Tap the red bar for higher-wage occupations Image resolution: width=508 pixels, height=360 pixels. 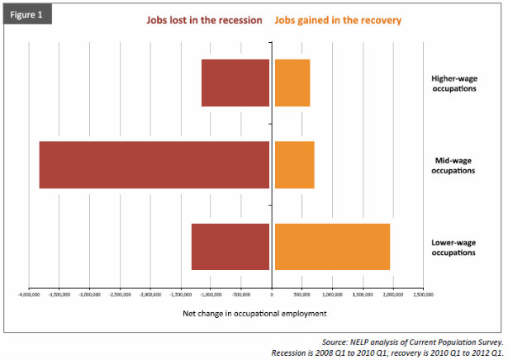coord(235,83)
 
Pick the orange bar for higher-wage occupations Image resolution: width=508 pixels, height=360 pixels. coord(292,83)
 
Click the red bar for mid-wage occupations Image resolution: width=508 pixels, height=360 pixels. coord(154,164)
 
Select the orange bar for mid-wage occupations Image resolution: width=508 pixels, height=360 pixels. coord(294,164)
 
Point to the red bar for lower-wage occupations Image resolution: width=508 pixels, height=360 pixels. coord(230,246)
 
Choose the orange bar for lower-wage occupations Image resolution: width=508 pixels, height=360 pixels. coord(331,246)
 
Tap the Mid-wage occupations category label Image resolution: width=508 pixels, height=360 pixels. coord(453,165)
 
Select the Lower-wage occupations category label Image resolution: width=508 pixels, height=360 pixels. coord(453,247)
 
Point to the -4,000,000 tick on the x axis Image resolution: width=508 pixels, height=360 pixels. coord(29,294)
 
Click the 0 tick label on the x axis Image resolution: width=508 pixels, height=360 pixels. coord(271,294)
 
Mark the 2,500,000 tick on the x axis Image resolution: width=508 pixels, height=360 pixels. coord(422,294)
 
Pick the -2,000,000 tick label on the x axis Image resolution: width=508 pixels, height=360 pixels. coord(150,294)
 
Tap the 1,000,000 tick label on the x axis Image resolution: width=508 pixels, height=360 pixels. coord(331,294)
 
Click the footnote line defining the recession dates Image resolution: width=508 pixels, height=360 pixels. coord(387,353)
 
